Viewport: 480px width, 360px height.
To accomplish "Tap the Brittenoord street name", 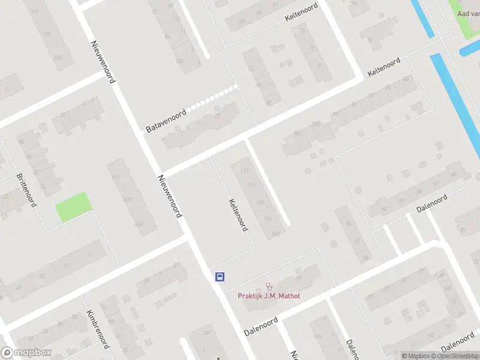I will (x=27, y=190).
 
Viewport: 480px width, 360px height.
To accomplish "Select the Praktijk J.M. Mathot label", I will (x=269, y=295).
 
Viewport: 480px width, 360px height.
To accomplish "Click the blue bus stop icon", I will (x=220, y=277).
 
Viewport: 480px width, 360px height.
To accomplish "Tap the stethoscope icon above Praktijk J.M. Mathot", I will (x=269, y=286).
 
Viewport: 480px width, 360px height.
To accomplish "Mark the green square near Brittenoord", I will (x=74, y=206).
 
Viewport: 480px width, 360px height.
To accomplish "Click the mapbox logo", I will (x=26, y=353).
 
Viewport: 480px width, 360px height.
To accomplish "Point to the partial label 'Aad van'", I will (x=468, y=13).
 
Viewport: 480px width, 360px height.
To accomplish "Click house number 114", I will (x=251, y=184).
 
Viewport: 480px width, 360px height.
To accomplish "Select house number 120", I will (x=260, y=203).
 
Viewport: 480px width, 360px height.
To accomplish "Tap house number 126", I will (x=268, y=218).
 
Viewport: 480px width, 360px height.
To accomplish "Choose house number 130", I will (x=275, y=233).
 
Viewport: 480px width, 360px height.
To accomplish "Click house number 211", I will (x=116, y=177).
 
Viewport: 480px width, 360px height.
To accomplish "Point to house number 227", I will (x=127, y=200).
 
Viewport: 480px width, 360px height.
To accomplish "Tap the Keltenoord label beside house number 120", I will (x=238, y=215).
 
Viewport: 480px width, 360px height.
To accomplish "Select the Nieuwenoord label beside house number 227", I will (x=169, y=196).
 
